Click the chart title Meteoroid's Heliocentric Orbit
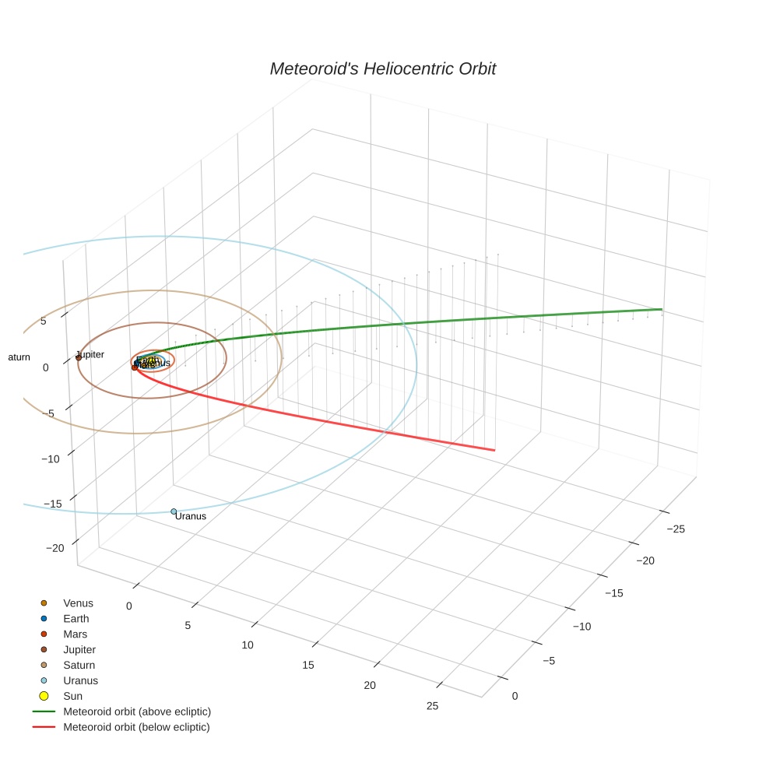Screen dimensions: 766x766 pyautogui.click(x=382, y=69)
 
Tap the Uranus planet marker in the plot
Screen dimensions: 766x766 pyautogui.click(x=174, y=511)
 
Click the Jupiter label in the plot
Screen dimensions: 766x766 pyautogui.click(x=90, y=354)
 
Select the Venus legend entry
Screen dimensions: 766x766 pyautogui.click(x=78, y=603)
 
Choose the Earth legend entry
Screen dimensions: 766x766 pyautogui.click(x=76, y=619)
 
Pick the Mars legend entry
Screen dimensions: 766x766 pyautogui.click(x=75, y=634)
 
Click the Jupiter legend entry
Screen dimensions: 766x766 pyautogui.click(x=79, y=649)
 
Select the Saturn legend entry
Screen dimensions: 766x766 pyautogui.click(x=79, y=665)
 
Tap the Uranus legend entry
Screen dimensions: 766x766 pyautogui.click(x=80, y=680)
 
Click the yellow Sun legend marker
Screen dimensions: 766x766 pyautogui.click(x=44, y=696)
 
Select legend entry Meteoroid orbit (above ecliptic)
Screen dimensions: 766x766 pyautogui.click(x=137, y=712)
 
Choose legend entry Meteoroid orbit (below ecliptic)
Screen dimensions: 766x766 pyautogui.click(x=136, y=727)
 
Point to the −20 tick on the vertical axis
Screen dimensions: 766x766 pyautogui.click(x=55, y=548)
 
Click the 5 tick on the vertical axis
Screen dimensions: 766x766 pyautogui.click(x=44, y=321)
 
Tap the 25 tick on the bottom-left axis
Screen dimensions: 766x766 pyautogui.click(x=432, y=706)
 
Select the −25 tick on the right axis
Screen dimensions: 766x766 pyautogui.click(x=676, y=529)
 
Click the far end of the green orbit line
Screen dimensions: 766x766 pyautogui.click(x=661, y=310)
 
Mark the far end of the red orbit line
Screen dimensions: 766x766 pyautogui.click(x=494, y=450)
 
